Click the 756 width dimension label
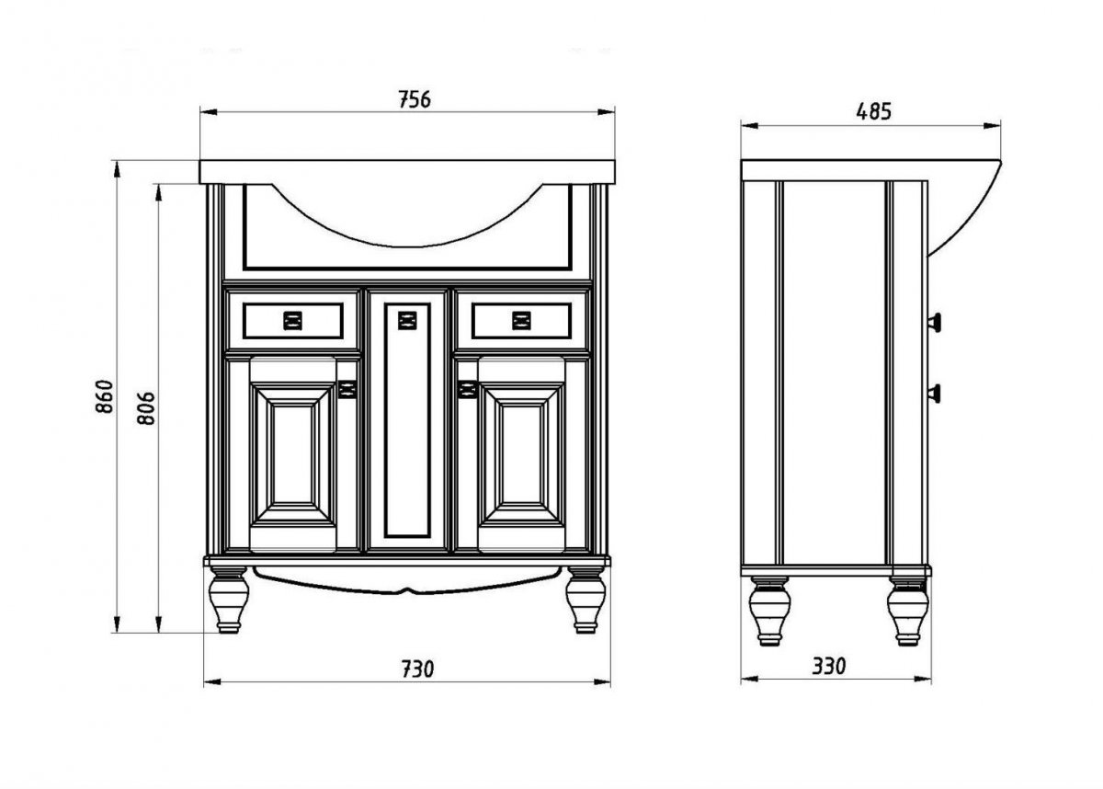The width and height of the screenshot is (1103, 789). (415, 99)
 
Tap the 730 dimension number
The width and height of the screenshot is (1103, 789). (417, 669)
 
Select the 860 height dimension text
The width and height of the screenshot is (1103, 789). (105, 396)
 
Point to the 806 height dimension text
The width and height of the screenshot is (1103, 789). (146, 408)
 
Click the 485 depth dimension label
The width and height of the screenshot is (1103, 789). (873, 112)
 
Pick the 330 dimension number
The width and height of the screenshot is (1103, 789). (829, 667)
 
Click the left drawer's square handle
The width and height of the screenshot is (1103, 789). (293, 321)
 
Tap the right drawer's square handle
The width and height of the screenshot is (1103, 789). (521, 321)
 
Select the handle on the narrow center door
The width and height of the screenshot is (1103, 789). (407, 320)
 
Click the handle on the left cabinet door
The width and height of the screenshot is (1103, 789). (347, 389)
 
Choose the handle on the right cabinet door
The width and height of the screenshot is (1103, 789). (467, 389)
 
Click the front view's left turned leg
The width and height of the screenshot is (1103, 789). (229, 600)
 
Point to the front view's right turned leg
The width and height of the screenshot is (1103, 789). (586, 600)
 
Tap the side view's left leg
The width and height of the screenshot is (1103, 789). (769, 611)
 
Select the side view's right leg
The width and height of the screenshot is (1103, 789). (908, 611)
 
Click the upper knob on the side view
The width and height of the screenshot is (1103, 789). (934, 323)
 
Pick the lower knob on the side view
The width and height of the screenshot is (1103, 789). (934, 394)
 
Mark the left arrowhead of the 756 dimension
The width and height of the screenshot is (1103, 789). (209, 112)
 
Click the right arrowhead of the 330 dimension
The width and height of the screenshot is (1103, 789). (923, 680)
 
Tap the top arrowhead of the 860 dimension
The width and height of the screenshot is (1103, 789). (117, 169)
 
